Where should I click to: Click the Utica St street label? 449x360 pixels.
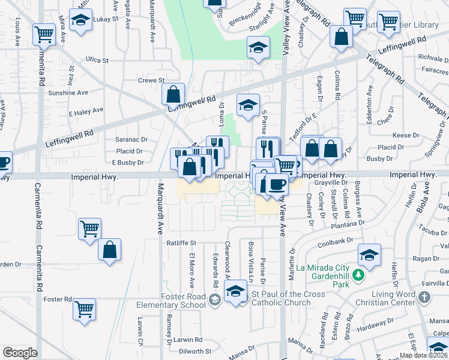(x=96, y=61)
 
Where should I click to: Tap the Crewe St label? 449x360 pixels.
(x=151, y=80)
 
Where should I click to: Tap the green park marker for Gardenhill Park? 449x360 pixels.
(x=359, y=275)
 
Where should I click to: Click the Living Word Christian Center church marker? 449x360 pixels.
(x=424, y=297)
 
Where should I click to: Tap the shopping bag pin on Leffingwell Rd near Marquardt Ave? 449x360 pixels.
(x=173, y=95)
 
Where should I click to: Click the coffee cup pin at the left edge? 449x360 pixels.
(x=3, y=162)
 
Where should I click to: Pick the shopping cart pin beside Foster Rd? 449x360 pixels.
(x=85, y=310)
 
